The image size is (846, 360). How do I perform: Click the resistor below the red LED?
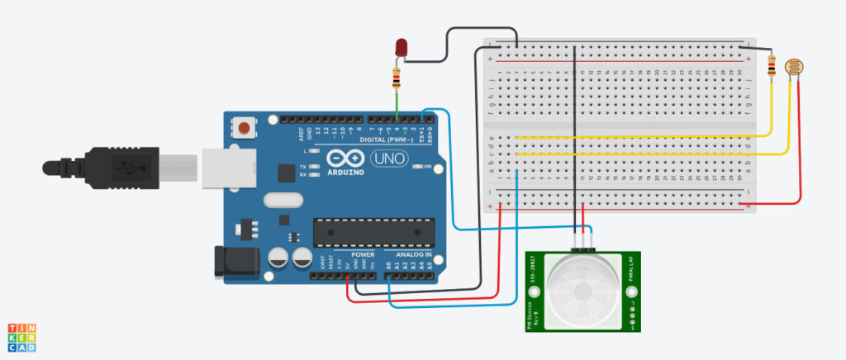397,79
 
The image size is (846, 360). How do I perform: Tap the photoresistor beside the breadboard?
793,67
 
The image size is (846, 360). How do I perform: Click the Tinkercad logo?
22,337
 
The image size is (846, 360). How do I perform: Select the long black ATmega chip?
373,233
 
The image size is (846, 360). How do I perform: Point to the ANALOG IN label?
412,254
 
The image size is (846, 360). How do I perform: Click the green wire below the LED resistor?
397,105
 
